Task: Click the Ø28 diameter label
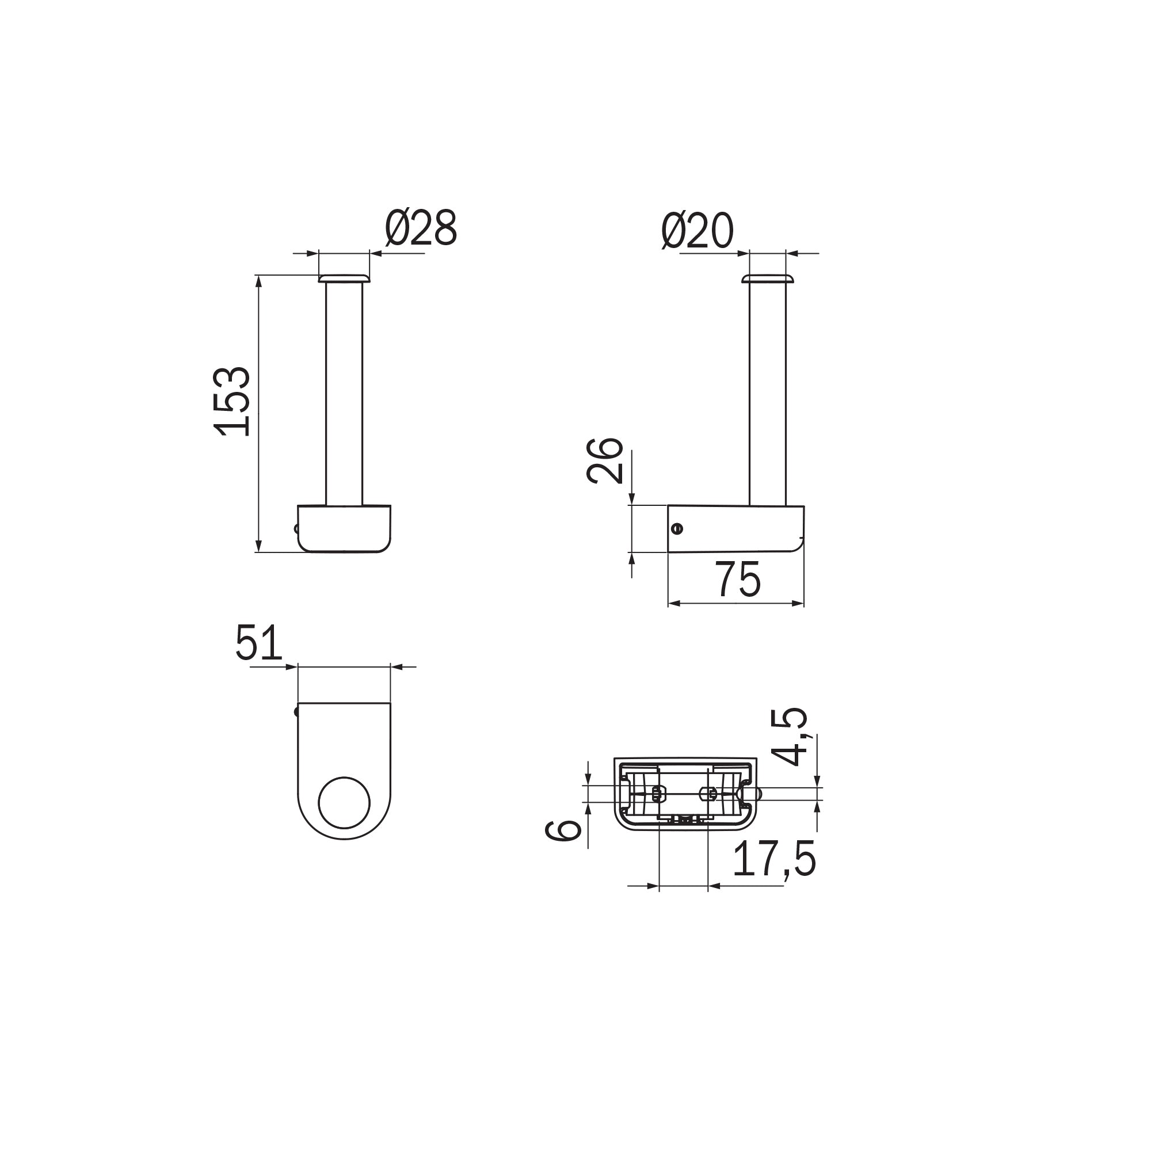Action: [421, 227]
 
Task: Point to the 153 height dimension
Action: [233, 402]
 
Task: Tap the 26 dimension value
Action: [605, 460]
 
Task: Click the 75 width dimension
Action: [739, 579]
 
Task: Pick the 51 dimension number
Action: [258, 642]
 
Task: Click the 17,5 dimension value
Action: [774, 859]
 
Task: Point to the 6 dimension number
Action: [563, 830]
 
